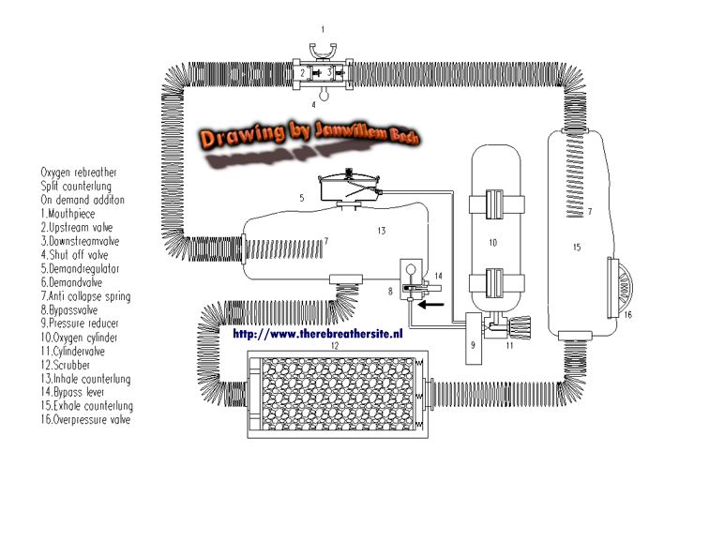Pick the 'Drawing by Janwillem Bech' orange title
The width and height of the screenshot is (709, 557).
[x=303, y=135]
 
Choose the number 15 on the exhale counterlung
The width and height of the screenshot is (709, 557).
[x=577, y=248]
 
